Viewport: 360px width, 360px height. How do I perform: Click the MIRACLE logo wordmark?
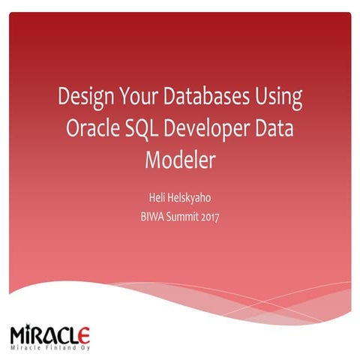51,332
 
